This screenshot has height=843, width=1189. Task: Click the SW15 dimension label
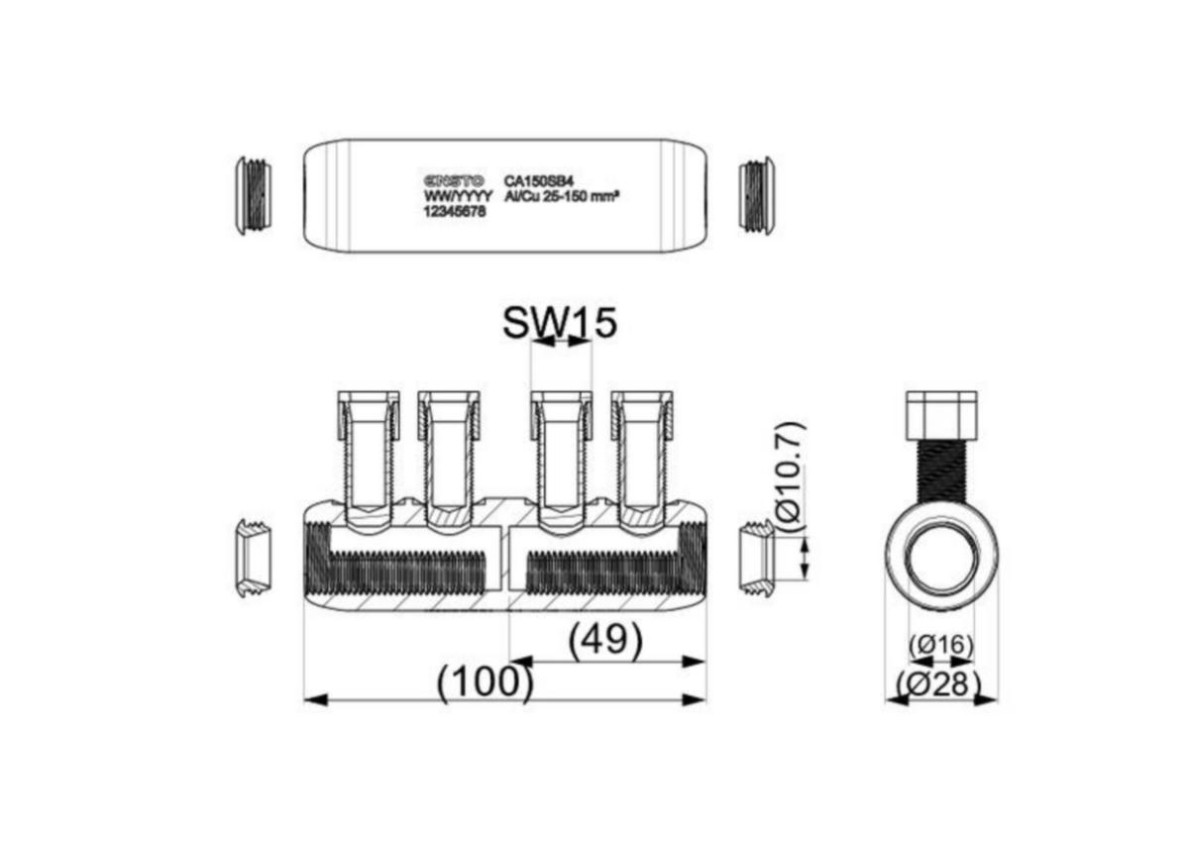(560, 323)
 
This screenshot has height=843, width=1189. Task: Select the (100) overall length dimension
(485, 683)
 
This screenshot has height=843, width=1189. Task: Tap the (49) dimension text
(605, 639)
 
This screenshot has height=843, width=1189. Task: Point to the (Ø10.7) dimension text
(793, 476)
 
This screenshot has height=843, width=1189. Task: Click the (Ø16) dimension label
(941, 646)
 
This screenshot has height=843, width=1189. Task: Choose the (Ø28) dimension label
(939, 684)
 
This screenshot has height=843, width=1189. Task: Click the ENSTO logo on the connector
(455, 180)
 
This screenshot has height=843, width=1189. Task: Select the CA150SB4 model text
(539, 181)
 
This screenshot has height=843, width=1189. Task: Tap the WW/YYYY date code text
(458, 196)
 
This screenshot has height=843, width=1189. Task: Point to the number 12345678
(455, 211)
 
